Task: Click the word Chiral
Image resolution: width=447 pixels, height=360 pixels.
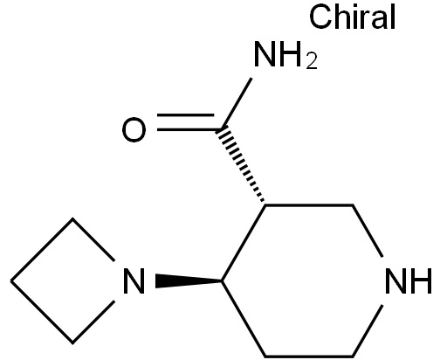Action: coord(352,17)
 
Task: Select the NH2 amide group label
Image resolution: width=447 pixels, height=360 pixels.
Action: coord(285,55)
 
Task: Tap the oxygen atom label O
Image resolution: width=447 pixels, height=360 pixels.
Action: coord(134,129)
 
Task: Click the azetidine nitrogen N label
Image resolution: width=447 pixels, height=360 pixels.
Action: coord(134,280)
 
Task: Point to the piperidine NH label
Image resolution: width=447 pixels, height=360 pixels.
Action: coord(409,280)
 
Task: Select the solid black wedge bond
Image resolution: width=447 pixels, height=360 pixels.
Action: coord(189,280)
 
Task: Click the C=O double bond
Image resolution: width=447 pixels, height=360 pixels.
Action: coord(186,122)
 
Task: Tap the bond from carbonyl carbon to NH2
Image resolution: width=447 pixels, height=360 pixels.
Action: coord(237,103)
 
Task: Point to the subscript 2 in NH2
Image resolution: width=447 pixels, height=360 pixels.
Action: coord(312,61)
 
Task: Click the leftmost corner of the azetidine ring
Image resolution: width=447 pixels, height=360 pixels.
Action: coord(11,280)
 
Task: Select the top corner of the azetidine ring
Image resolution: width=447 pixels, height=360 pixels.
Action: coord(72,219)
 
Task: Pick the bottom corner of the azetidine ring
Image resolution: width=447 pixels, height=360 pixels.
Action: coord(72,343)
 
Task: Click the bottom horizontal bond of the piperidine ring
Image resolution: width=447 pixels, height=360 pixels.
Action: coord(309,356)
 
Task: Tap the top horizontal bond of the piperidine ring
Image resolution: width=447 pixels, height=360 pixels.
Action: coord(309,205)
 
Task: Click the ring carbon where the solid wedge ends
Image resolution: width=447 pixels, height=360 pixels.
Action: coord(222,280)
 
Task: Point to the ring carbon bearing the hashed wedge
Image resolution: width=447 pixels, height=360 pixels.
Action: coord(265,205)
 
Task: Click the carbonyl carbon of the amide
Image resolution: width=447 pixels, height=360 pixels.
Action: coord(222,129)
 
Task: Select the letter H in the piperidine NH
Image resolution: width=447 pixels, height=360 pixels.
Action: coord(421,280)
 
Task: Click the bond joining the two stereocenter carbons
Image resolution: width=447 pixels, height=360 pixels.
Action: coord(244,243)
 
